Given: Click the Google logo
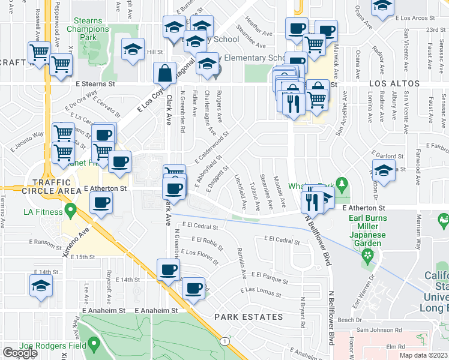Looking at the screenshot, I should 20,353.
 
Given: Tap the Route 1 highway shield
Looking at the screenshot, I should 224,341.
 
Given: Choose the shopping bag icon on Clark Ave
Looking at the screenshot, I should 164,74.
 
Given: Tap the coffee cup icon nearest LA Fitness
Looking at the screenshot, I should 101,202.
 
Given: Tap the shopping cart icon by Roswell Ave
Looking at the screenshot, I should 39,52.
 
